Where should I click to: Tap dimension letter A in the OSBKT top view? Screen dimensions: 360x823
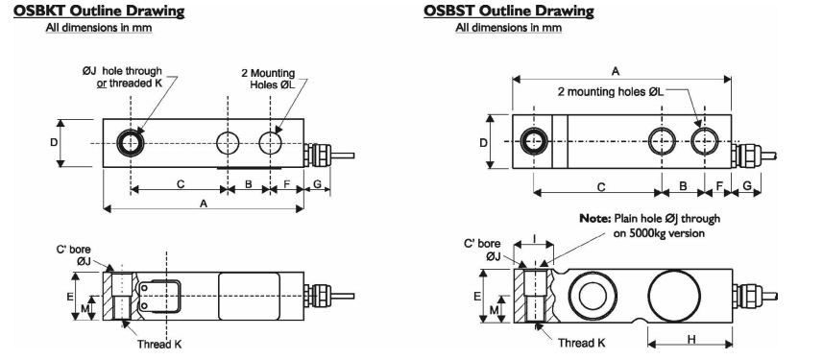[x=203, y=204]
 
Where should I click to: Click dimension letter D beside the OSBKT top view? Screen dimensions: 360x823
[x=54, y=142]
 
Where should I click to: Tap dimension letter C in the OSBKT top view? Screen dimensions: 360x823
[x=181, y=183]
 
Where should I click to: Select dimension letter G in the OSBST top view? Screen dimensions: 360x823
[x=746, y=183]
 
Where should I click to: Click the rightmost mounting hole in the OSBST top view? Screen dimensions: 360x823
[x=705, y=141]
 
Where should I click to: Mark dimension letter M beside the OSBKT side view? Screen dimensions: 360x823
[x=84, y=308]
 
